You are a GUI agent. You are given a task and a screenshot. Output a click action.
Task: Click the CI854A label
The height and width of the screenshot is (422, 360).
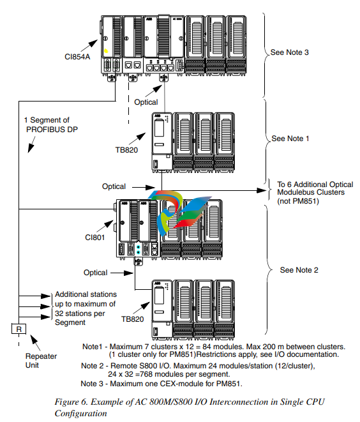point(77,57)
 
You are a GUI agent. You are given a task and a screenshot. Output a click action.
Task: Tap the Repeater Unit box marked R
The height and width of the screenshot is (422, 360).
point(19,329)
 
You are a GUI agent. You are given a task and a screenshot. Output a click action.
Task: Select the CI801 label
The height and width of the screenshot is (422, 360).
point(94,237)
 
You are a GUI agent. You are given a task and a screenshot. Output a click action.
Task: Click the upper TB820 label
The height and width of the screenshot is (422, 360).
point(126,150)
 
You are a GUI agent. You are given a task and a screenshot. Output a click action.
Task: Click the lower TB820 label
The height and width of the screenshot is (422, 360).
point(132,319)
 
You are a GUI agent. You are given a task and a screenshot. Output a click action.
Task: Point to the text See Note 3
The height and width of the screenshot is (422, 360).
point(290,52)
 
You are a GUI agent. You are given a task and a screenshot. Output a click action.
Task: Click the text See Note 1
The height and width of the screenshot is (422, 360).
point(290,139)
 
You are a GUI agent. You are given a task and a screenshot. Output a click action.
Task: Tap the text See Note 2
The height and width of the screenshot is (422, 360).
point(299,270)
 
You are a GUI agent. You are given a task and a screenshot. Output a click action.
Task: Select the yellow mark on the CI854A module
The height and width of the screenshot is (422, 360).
point(106,50)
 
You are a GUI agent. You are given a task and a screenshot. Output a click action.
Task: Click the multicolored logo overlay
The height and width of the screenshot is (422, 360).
point(179,213)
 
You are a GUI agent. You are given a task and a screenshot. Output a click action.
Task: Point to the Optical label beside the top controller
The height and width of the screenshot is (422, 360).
point(146,102)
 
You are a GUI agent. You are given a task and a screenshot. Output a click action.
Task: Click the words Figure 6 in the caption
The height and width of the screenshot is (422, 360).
point(71,402)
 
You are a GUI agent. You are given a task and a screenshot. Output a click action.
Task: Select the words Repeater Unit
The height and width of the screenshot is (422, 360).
point(41,361)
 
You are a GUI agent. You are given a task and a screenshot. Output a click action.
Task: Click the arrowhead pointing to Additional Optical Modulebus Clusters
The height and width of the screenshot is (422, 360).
point(261,190)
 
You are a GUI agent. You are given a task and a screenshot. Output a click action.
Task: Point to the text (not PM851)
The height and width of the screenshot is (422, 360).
point(298,201)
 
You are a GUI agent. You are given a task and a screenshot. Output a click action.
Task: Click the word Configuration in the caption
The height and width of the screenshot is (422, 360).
point(80,414)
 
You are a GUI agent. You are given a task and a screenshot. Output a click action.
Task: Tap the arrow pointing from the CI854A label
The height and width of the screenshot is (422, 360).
point(89,45)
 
